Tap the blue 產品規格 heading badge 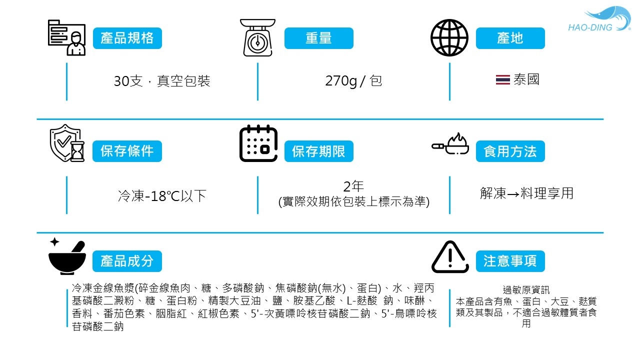pyautogui.click(x=127, y=38)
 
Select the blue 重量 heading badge pyautogui.click(x=319, y=38)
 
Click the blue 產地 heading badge pyautogui.click(x=510, y=38)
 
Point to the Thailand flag pyautogui.click(x=502, y=80)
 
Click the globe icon pyautogui.click(x=449, y=38)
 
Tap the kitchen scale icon pyautogui.click(x=257, y=37)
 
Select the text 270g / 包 pyautogui.click(x=353, y=80)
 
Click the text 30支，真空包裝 pyautogui.click(x=162, y=80)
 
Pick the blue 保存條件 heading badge pyautogui.click(x=127, y=151)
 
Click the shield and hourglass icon pyautogui.click(x=66, y=143)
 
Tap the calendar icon pyautogui.click(x=258, y=143)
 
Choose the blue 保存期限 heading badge pyautogui.click(x=319, y=151)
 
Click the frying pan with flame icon pyautogui.click(x=450, y=144)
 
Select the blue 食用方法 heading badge pyautogui.click(x=510, y=151)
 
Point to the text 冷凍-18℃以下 pyautogui.click(x=162, y=195)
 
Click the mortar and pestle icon pyautogui.click(x=67, y=256)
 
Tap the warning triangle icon pyautogui.click(x=450, y=257)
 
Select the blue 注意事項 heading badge pyautogui.click(x=510, y=261)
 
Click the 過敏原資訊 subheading pyautogui.click(x=526, y=290)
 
